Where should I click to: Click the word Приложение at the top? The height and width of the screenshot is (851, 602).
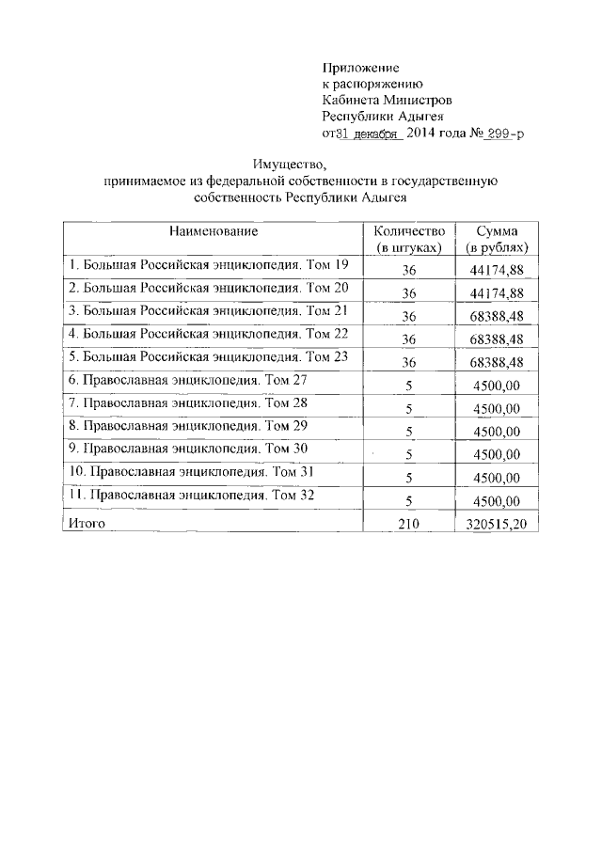point(361,68)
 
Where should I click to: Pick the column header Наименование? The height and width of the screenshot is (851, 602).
point(214,230)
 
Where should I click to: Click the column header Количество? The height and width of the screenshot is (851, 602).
point(407,231)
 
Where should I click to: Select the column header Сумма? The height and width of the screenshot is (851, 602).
point(497,231)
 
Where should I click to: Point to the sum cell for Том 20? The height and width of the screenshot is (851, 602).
point(497,292)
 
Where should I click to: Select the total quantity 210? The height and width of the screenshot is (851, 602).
point(408,523)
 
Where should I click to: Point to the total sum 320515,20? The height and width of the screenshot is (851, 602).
point(496,523)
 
